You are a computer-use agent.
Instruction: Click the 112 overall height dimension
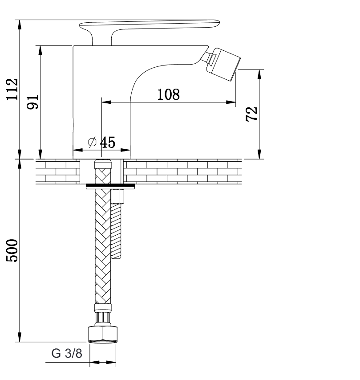pos(12,89)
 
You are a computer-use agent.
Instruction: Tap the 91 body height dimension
pos(32,102)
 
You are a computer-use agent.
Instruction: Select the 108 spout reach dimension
pos(169,94)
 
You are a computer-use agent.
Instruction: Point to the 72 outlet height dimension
pos(251,114)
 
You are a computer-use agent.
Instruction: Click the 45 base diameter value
pos(108,142)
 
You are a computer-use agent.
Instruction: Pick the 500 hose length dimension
pos(12,250)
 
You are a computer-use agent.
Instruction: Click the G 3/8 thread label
pos(67,353)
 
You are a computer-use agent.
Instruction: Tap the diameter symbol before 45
pos(92,142)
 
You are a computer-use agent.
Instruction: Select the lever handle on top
pos(150,31)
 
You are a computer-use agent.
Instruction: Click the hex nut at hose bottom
pos(103,335)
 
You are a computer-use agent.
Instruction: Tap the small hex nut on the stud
pos(117,196)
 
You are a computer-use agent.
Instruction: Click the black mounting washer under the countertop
pos(110,186)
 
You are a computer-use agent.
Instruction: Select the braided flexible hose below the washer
pos(103,246)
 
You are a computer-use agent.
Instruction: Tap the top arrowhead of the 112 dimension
pos(20,25)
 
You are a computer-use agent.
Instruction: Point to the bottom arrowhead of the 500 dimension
pos(20,337)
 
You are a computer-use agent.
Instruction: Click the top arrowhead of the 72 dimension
pos(259,74)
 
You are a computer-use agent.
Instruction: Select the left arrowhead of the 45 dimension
pos(78,150)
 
